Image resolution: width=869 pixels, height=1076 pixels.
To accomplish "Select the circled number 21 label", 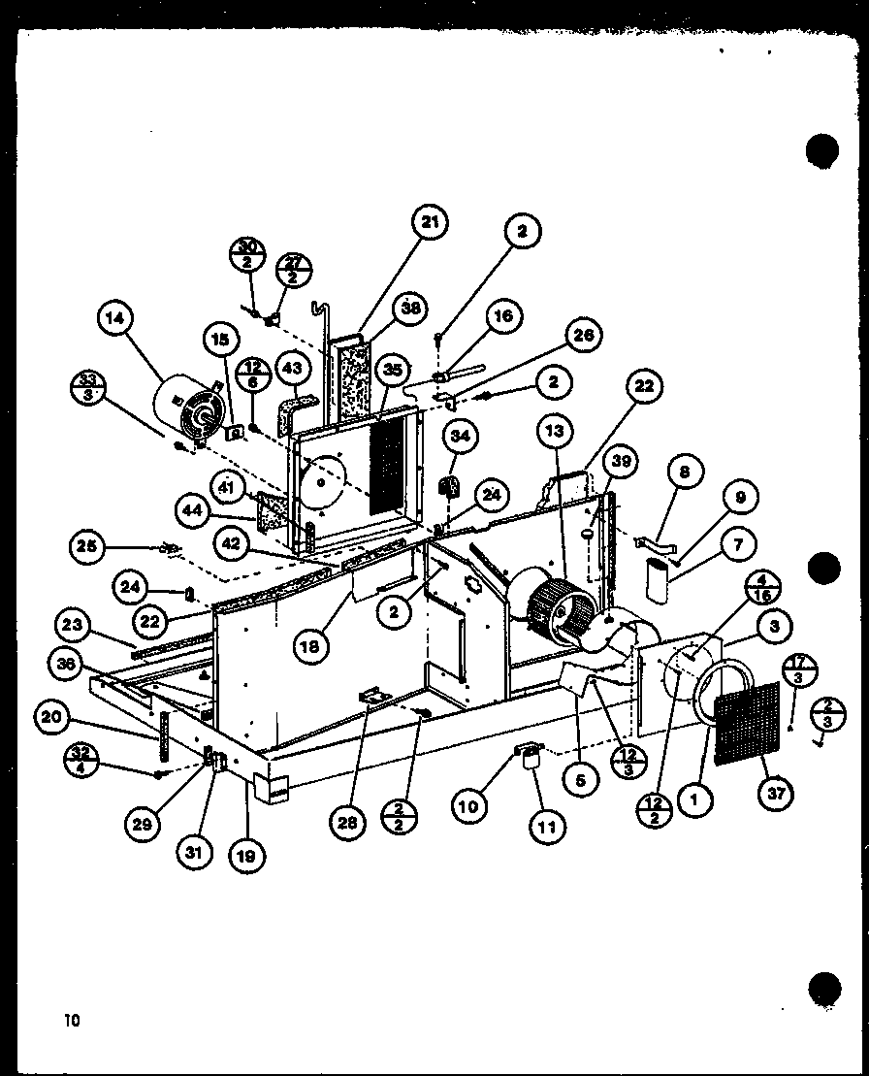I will click(x=430, y=222).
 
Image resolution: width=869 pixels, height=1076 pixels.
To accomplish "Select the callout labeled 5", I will click(x=580, y=777).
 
